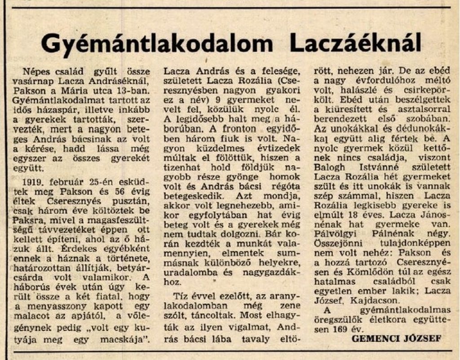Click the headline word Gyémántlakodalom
click(x=156, y=44)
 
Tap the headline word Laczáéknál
click(x=355, y=44)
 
